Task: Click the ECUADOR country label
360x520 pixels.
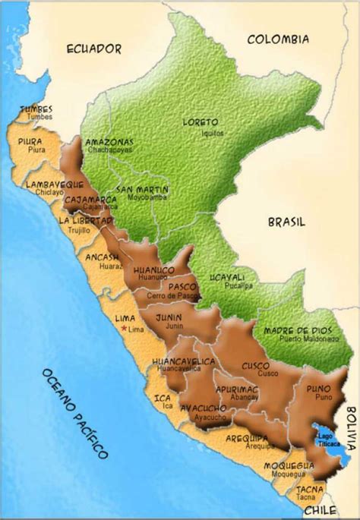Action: tap(94, 49)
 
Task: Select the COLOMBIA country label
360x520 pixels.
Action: tap(278, 39)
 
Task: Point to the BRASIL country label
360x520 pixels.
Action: tap(286, 222)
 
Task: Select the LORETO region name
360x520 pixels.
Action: tap(201, 121)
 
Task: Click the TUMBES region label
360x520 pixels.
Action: tap(36, 109)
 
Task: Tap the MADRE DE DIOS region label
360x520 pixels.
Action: tap(297, 331)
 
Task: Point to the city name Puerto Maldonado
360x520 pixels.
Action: tap(299, 340)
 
